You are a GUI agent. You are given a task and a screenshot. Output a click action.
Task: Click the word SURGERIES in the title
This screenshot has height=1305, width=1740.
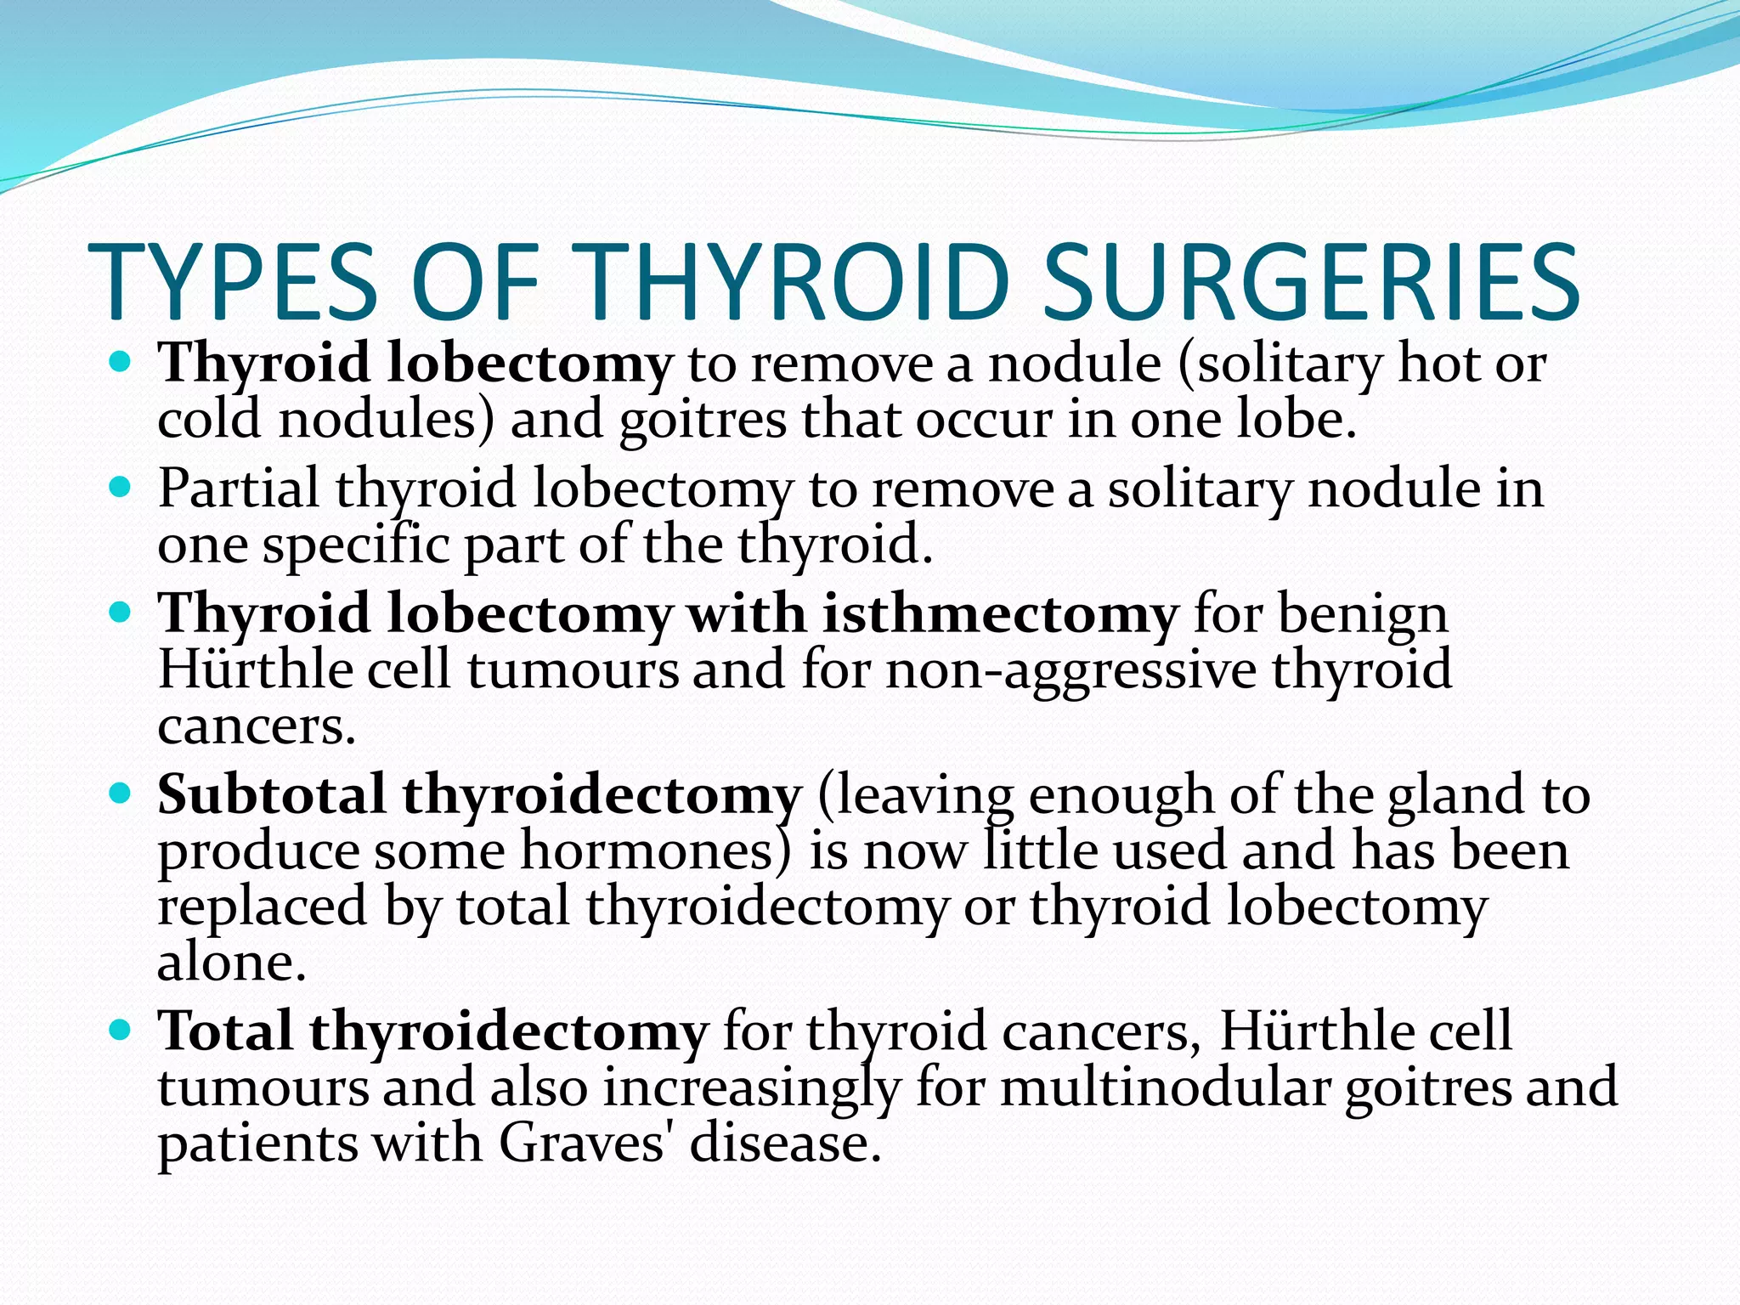(1311, 283)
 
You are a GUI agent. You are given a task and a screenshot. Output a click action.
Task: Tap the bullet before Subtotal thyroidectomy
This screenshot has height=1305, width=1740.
(121, 794)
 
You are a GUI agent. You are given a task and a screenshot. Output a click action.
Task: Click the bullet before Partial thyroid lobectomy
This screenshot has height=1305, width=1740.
(121, 489)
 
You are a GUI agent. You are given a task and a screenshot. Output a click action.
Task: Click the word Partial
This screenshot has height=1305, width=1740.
(238, 489)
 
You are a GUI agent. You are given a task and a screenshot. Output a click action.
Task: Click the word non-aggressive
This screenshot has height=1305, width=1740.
(1071, 670)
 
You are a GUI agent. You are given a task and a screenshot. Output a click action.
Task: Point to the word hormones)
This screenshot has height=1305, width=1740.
(656, 850)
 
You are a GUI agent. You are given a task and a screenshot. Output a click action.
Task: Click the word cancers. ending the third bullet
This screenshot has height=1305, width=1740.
(257, 727)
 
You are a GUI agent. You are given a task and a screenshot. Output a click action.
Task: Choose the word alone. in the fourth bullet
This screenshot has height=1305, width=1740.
(231, 963)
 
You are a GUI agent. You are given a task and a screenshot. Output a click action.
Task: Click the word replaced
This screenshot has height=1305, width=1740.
(262, 907)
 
